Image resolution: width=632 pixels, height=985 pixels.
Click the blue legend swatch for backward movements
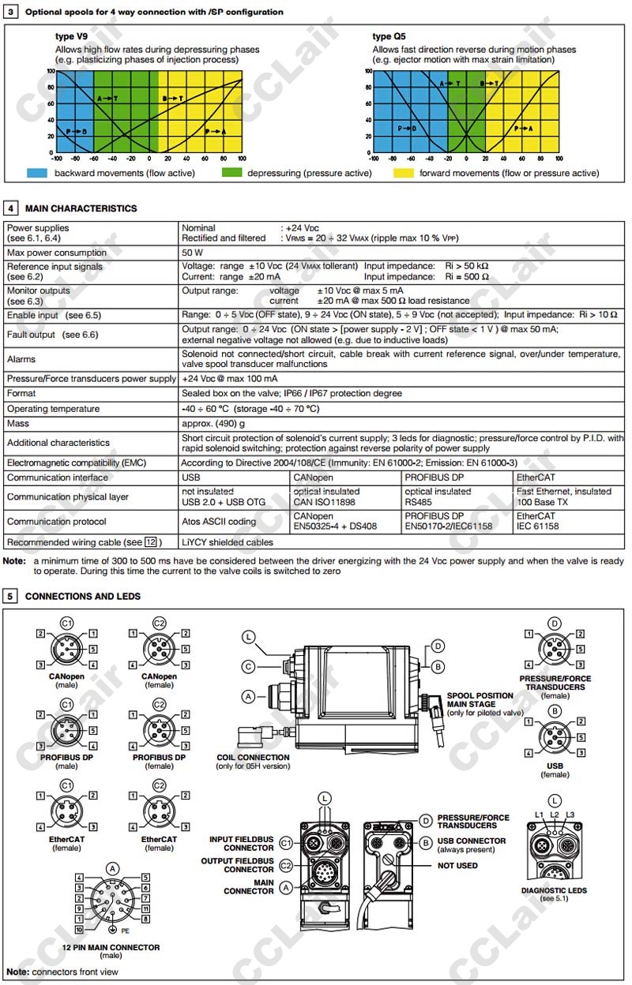pos(37,173)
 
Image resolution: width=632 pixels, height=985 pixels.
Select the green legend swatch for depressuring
pos(231,173)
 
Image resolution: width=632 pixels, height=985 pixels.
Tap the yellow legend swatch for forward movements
pos(404,173)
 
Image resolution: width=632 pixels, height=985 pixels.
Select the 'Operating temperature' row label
pos(53,409)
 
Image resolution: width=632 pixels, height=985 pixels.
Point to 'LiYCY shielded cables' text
pos(227,542)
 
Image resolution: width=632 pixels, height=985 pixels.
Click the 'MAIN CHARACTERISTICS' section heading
pos(81,208)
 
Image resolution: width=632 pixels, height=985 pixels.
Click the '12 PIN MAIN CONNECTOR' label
pos(111,947)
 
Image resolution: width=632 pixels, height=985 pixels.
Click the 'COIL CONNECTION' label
pos(253,758)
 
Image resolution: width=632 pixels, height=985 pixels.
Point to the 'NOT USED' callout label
pos(457,865)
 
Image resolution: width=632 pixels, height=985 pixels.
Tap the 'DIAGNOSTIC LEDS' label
pos(554,891)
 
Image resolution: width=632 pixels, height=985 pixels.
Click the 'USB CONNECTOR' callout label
pos(472,841)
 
